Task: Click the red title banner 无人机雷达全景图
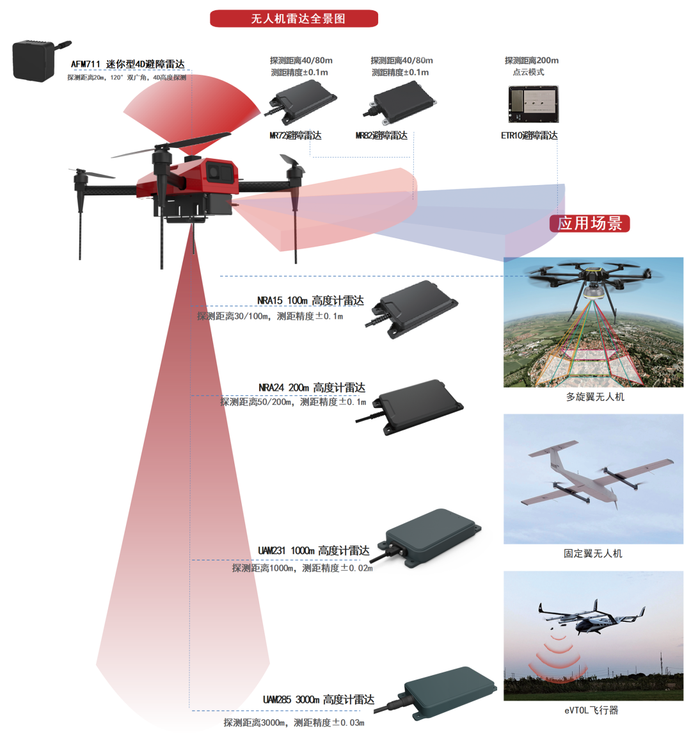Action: pos(294,19)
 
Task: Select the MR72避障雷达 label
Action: pos(296,136)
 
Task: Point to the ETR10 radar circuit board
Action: pos(534,104)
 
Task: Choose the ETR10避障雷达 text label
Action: pos(529,136)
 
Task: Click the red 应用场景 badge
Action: pos(589,224)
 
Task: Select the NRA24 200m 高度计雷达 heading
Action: pos(312,387)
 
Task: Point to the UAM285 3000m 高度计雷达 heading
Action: pos(319,699)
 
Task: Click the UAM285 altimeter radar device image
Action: pos(442,693)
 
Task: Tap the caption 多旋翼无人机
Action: pos(595,397)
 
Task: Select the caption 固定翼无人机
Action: pos(593,553)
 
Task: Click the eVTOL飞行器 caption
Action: pos(591,710)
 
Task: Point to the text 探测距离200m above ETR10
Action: pos(532,60)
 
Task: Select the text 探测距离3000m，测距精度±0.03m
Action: pos(294,723)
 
